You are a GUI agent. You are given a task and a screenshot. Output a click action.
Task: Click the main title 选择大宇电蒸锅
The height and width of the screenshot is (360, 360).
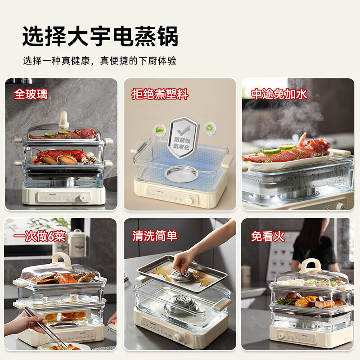[100, 36]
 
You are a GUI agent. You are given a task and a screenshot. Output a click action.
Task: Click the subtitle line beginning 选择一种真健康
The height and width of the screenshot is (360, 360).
[99, 61]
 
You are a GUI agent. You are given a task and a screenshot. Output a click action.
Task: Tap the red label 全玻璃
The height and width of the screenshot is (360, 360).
[31, 94]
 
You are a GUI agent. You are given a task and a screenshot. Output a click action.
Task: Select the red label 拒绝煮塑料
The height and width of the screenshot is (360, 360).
[160, 94]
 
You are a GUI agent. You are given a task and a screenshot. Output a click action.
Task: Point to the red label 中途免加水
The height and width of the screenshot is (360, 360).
[279, 94]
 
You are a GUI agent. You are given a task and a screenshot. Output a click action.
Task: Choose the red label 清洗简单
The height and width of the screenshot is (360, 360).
[155, 235]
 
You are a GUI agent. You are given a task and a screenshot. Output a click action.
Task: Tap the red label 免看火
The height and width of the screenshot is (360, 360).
[268, 236]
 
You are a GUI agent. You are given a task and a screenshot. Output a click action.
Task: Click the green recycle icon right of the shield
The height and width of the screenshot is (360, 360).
[208, 128]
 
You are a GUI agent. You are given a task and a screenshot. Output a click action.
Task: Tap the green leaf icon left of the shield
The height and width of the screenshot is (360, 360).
[158, 129]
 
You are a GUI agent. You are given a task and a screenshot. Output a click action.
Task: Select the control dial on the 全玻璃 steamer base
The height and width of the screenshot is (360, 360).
[83, 198]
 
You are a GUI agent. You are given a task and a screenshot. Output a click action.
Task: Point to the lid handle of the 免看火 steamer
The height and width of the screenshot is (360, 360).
[310, 265]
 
